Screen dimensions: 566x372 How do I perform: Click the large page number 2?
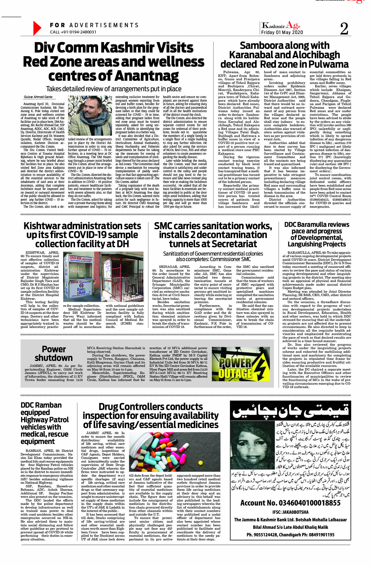click(344, 29)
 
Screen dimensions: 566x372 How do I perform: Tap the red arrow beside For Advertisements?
click(37, 28)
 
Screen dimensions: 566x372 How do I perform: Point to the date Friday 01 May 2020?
click(282, 32)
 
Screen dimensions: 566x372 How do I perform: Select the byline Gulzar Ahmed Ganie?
click(38, 97)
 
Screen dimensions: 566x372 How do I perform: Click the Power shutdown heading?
click(54, 353)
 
